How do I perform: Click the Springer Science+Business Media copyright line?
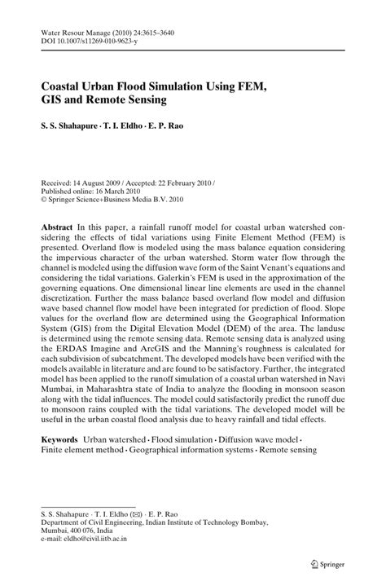coord(112,177)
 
